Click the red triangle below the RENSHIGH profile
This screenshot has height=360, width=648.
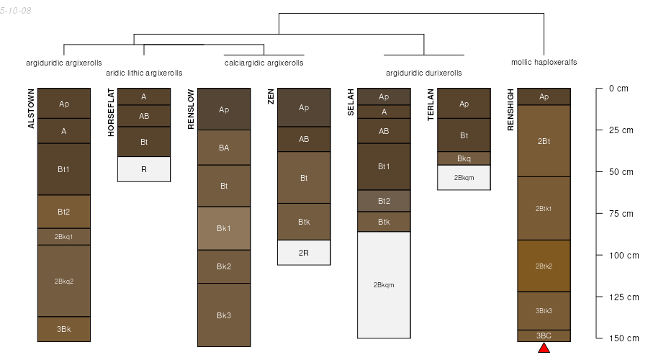coord(544,348)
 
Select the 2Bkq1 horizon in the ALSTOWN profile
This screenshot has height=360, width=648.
coord(64,236)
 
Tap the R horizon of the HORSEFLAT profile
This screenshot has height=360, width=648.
coord(144,169)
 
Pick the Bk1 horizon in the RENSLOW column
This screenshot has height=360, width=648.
coord(224,228)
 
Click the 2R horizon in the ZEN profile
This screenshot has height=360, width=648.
coord(304,253)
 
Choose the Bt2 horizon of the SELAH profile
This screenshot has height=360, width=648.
coord(384,201)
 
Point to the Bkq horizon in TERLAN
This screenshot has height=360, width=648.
coord(464,158)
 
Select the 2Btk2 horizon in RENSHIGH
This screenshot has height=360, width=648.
coord(544,266)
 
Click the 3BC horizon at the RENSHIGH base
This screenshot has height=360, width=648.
coord(544,336)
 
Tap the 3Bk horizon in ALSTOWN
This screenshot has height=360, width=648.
coord(64,329)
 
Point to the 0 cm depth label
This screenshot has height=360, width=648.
coord(618,89)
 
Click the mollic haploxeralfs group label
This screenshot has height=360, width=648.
coord(544,63)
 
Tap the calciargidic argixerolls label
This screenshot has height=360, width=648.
coord(264,63)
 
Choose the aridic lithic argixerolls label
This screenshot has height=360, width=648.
coord(144,73)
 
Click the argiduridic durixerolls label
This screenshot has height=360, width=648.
coord(424,73)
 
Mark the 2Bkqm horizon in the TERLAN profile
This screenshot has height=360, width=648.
coord(464,177)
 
